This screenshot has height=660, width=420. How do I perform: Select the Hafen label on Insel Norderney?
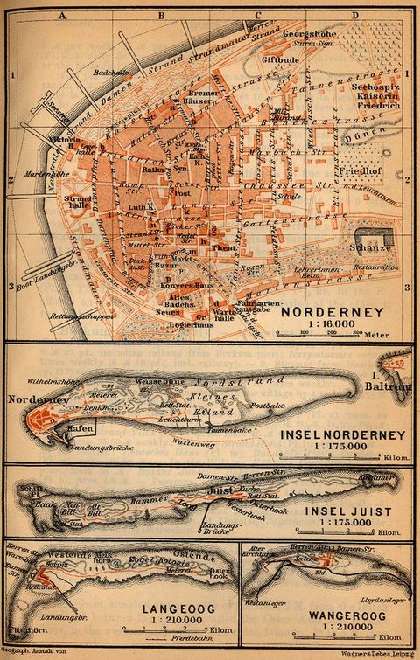click(x=80, y=427)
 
